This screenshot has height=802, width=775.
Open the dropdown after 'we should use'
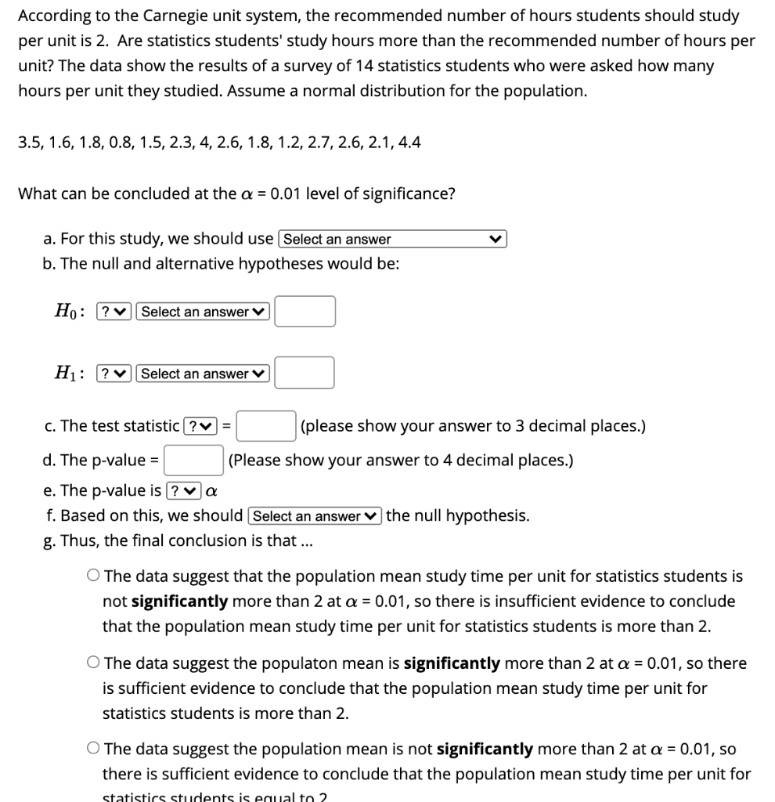pos(393,239)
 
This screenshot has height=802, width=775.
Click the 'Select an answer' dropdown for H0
pos(203,312)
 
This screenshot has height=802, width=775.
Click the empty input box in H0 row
pos(305,311)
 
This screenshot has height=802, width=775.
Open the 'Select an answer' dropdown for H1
pos(203,374)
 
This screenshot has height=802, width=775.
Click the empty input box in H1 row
pos(305,373)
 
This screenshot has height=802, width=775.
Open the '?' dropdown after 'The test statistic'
pos(199,426)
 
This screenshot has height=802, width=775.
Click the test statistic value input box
pos(266,426)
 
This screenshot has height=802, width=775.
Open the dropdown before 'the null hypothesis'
pos(315,516)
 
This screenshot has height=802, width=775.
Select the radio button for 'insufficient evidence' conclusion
pos(93,576)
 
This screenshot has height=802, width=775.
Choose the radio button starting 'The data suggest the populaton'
pos(93,663)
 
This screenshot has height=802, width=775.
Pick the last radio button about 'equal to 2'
pos(93,750)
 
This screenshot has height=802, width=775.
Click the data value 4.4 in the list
pos(409,143)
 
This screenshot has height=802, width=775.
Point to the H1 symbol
pos(65,374)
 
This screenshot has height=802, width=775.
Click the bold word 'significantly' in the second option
pos(452,663)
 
